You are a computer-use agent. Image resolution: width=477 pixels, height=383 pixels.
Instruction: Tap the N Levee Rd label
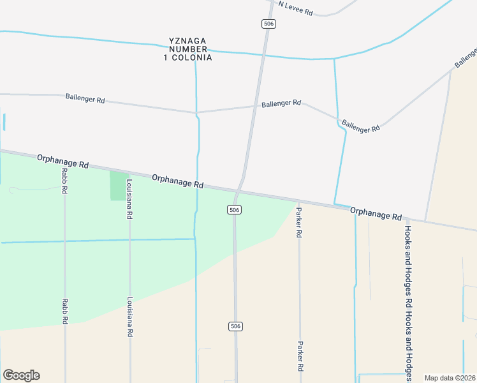(295, 11)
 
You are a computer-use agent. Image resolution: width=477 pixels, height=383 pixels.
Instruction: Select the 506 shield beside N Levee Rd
(268, 24)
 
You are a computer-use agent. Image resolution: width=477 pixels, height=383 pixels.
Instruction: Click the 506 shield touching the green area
(235, 210)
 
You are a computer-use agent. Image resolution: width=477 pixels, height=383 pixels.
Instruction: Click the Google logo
(21, 375)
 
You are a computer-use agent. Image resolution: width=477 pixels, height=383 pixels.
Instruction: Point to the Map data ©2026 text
(450, 378)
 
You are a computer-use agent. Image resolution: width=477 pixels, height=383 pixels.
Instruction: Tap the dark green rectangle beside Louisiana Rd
(118, 186)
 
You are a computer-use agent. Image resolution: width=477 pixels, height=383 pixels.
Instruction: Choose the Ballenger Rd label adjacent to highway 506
(281, 103)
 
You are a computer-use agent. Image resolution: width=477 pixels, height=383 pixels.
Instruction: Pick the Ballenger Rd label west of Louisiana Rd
(85, 99)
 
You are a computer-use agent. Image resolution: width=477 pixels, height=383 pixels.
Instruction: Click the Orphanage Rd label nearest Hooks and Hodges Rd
(376, 213)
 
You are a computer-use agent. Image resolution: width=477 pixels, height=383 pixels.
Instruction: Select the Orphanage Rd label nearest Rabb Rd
(62, 161)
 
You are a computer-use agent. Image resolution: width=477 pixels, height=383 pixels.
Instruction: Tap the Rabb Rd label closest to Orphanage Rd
(65, 182)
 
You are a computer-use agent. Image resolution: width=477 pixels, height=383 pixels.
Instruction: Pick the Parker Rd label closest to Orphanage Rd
(298, 222)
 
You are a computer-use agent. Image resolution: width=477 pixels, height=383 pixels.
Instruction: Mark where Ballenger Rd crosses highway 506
(255, 106)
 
